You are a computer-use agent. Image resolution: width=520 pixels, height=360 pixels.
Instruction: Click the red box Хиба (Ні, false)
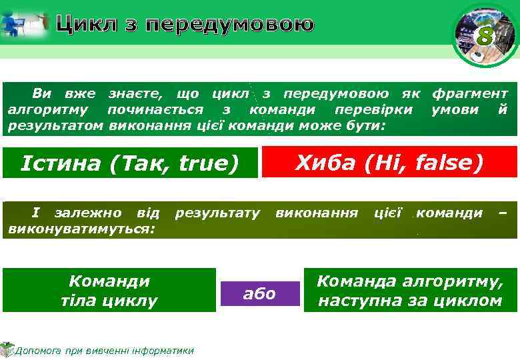[389, 162]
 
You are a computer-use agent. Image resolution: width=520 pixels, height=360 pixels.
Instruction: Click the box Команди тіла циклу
[109, 291]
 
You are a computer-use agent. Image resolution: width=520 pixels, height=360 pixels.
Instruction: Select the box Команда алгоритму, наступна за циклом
[409, 291]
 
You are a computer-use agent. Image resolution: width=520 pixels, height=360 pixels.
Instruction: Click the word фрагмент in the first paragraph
[469, 94]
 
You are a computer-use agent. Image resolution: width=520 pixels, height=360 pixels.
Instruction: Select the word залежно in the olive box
[88, 213]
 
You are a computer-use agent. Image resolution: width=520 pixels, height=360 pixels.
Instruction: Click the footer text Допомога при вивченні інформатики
[104, 351]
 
